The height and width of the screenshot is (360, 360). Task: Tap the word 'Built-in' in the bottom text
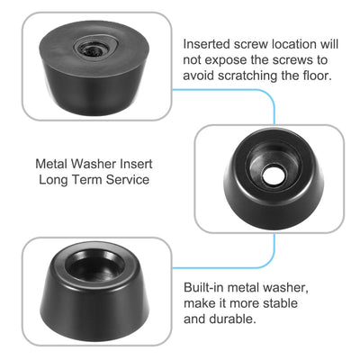(207, 285)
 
